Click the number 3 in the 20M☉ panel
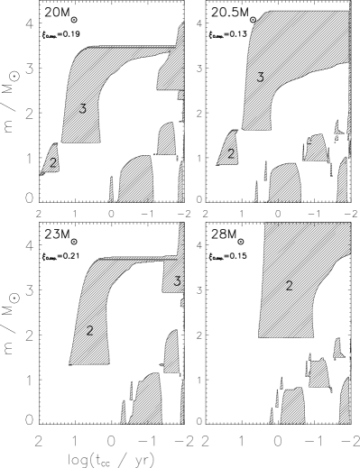[x=82, y=109]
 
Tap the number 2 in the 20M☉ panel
[x=53, y=163]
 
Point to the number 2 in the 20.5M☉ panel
[x=231, y=154]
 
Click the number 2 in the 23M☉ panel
[x=89, y=331]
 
